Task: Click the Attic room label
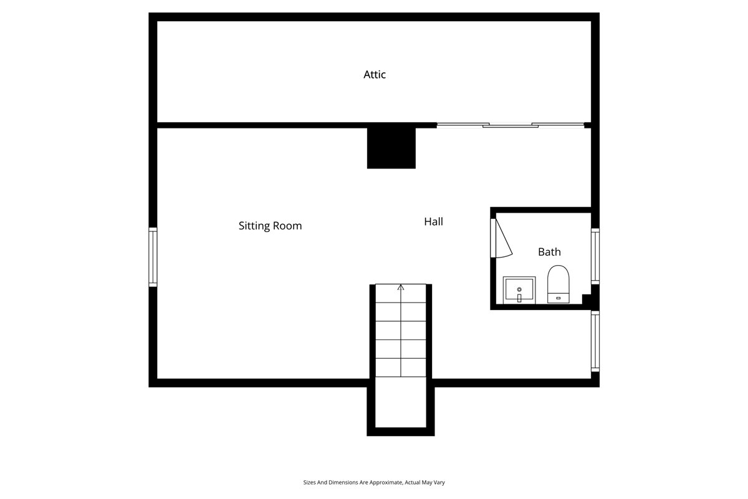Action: [375, 75]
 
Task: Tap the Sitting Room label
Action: [270, 226]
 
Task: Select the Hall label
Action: [433, 221]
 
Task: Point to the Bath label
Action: [549, 252]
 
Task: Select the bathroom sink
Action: [519, 291]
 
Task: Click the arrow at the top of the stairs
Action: [401, 288]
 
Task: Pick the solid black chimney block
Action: [391, 148]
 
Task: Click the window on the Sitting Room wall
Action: [153, 257]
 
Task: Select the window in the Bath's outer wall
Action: [595, 256]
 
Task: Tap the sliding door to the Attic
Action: [511, 125]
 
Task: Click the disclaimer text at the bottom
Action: [374, 482]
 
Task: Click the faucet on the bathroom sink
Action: [519, 298]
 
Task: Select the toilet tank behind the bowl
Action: [559, 298]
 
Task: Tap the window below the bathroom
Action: [595, 341]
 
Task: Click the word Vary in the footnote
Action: [439, 482]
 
